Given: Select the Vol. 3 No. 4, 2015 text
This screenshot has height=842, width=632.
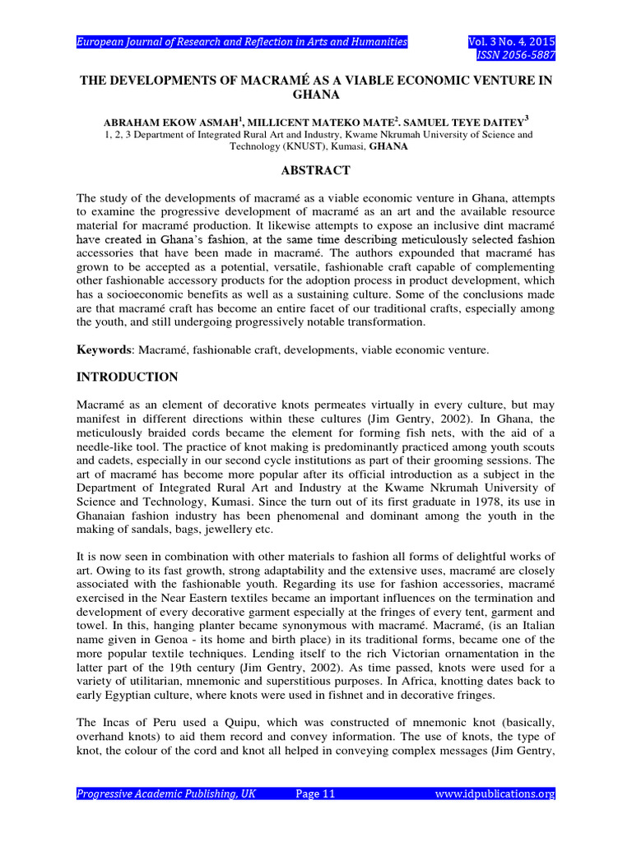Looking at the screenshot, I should pos(510,42).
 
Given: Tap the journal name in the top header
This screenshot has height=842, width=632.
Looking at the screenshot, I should pos(242,42).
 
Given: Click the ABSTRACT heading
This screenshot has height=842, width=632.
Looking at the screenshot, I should pos(316,170).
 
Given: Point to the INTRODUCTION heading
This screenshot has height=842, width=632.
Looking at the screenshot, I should pos(127,377).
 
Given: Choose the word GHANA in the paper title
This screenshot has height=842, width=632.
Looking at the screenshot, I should pos(316,95).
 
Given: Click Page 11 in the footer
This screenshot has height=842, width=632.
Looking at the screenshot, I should pos(315,793).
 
